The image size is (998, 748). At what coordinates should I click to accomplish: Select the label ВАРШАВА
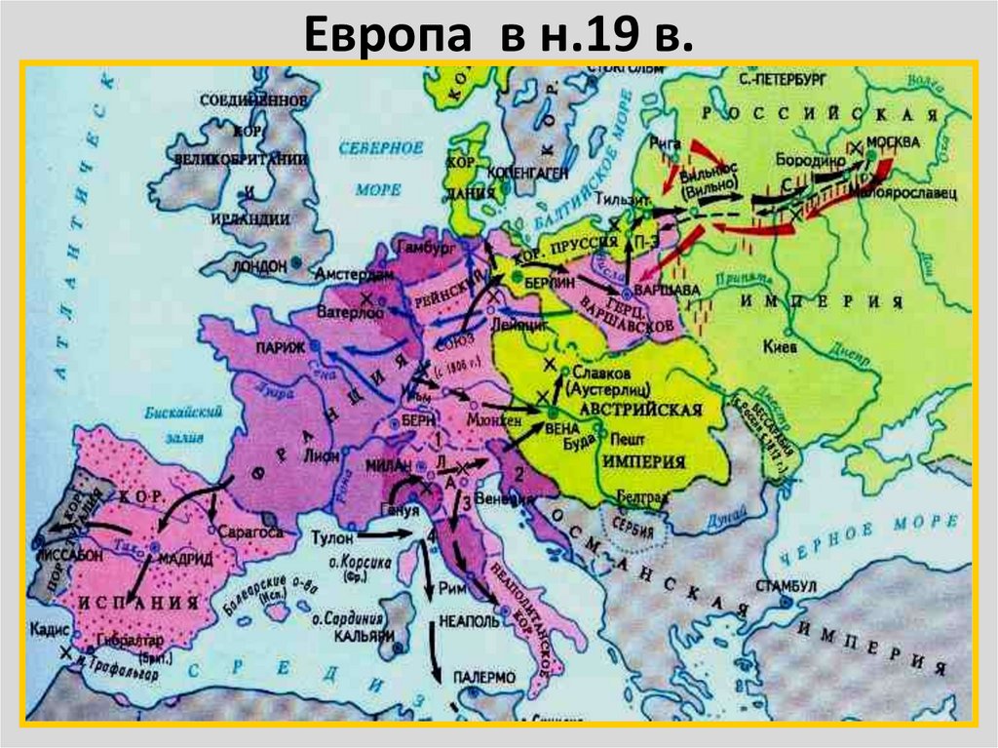(660, 291)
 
